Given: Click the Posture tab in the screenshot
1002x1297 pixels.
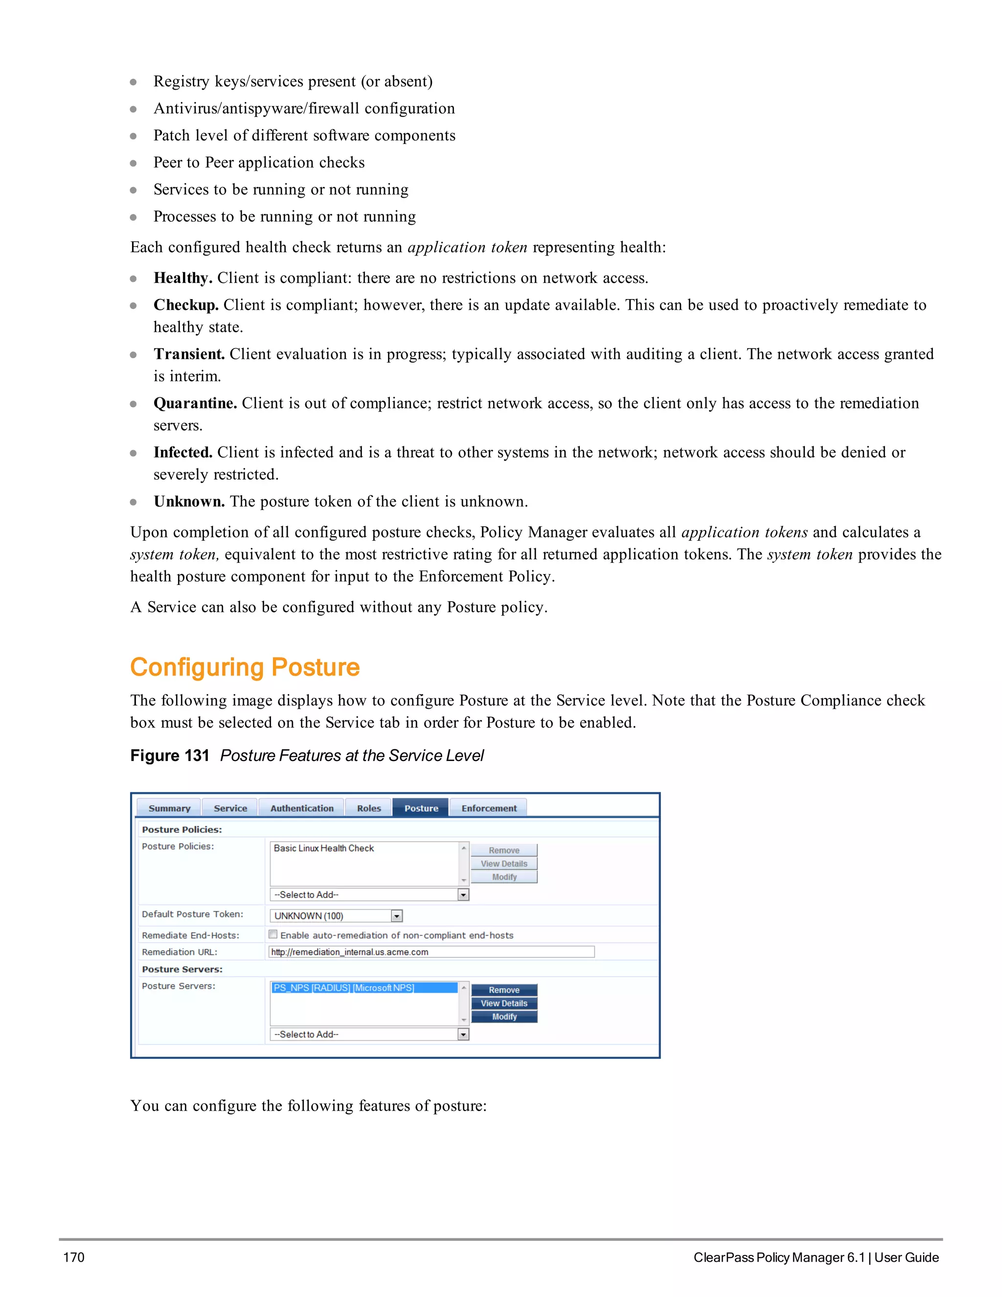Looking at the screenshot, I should [421, 808].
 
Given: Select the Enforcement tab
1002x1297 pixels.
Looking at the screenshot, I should [489, 808].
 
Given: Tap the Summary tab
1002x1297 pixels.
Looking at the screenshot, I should [169, 808].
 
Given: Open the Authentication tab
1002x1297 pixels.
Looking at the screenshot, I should [301, 808].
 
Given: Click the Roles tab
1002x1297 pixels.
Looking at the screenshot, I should [368, 808].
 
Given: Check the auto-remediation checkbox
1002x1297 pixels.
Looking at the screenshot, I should [273, 934].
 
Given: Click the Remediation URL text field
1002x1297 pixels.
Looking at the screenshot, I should [432, 952].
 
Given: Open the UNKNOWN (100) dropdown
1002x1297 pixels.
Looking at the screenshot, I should [337, 916].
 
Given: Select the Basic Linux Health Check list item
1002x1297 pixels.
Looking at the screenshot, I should [324, 848].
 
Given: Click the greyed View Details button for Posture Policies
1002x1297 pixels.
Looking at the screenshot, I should [504, 863].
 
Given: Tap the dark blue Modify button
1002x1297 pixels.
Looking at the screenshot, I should [504, 1017].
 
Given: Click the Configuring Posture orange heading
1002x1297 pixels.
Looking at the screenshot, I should [245, 667].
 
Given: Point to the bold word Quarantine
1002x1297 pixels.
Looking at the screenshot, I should [195, 403].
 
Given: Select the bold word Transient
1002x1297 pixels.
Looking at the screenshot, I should [189, 354].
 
